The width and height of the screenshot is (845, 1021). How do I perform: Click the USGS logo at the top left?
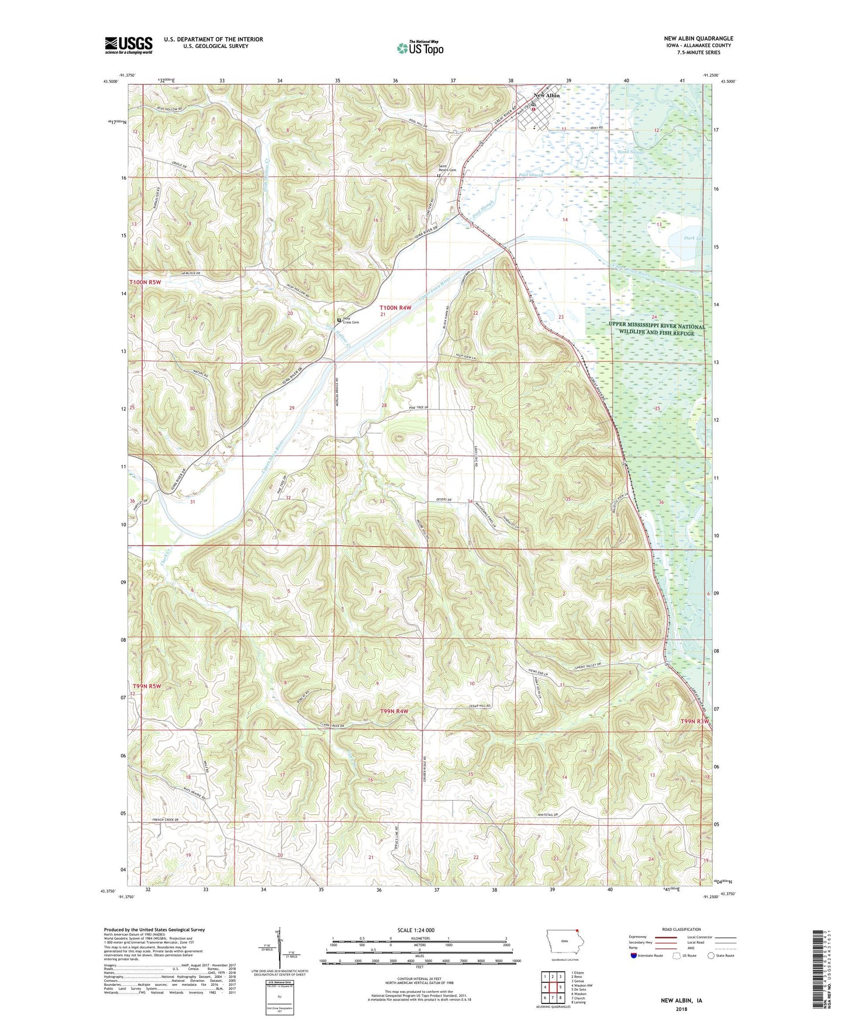[x=128, y=44]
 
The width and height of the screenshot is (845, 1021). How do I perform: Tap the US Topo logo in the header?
[x=420, y=48]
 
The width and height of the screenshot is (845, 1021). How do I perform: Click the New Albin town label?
[x=546, y=95]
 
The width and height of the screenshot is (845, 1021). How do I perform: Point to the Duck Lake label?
[x=695, y=238]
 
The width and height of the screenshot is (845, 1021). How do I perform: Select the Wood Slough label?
[x=630, y=152]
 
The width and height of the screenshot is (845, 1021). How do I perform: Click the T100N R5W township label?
[x=145, y=282]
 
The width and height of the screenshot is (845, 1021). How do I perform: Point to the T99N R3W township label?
[x=695, y=721]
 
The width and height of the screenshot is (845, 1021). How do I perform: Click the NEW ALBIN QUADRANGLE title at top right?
[x=698, y=39]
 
